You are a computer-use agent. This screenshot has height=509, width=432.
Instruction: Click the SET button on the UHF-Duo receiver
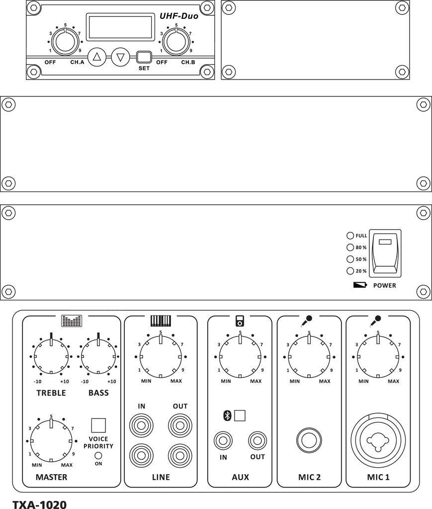click(x=144, y=57)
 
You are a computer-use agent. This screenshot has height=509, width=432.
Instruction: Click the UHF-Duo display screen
click(x=119, y=27)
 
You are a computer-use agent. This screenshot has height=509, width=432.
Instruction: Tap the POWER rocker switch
click(x=385, y=253)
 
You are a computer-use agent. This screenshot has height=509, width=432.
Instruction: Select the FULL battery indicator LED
click(x=350, y=236)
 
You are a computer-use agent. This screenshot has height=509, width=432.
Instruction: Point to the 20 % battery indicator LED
click(x=350, y=271)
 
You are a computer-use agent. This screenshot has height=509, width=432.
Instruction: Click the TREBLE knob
click(x=51, y=356)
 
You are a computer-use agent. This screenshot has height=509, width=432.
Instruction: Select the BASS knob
click(x=98, y=356)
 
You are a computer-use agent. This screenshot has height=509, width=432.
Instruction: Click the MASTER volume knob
click(x=51, y=440)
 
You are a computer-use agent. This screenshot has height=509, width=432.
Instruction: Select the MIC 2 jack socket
click(x=309, y=440)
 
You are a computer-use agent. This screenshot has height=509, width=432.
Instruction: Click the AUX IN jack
click(x=223, y=440)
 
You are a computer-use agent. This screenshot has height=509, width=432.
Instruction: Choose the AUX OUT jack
click(x=258, y=440)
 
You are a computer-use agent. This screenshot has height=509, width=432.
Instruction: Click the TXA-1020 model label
click(x=39, y=504)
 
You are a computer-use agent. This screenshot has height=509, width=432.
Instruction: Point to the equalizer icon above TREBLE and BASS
click(x=72, y=321)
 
